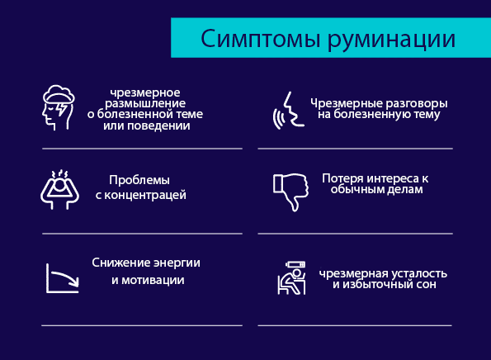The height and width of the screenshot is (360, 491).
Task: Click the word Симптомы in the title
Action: (261, 38)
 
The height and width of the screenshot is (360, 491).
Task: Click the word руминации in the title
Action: (391, 40)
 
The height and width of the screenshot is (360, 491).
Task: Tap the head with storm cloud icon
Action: (59, 107)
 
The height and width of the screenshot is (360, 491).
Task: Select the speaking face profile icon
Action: (288, 111)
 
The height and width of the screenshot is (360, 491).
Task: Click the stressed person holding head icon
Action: (59, 190)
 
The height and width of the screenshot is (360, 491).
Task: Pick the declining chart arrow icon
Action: (63, 278)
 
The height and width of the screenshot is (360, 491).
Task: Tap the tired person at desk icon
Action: (291, 278)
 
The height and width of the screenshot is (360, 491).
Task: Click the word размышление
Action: (145, 104)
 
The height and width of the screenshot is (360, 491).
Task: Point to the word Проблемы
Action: (139, 180)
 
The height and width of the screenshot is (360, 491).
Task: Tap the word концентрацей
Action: (145, 196)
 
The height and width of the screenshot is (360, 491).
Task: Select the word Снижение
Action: (116, 263)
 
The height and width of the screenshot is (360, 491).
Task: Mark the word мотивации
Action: (153, 280)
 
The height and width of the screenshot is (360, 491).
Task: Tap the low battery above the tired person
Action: (295, 264)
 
